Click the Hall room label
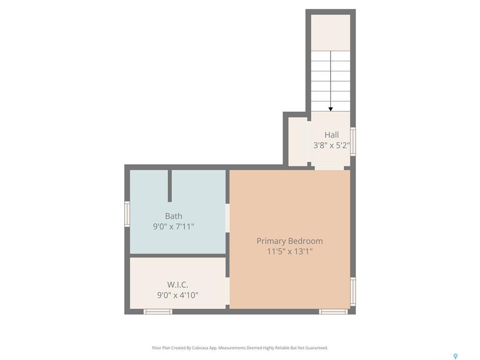[331, 135]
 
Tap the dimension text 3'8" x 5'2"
[331, 145]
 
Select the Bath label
[173, 216]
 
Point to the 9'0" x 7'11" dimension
[173, 226]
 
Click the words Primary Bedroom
[289, 241]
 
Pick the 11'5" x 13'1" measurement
[289, 251]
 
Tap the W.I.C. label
[178, 285]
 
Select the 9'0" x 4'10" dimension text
[178, 295]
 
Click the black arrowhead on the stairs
[330, 109]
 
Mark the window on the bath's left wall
[127, 214]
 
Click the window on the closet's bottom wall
[158, 312]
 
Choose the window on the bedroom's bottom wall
[333, 312]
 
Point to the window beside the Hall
[353, 141]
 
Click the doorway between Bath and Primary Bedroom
[227, 218]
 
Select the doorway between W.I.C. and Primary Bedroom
[227, 291]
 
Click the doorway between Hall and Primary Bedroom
[329, 168]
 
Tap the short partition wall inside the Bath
[170, 186]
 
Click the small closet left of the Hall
[298, 142]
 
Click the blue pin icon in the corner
[455, 357]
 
